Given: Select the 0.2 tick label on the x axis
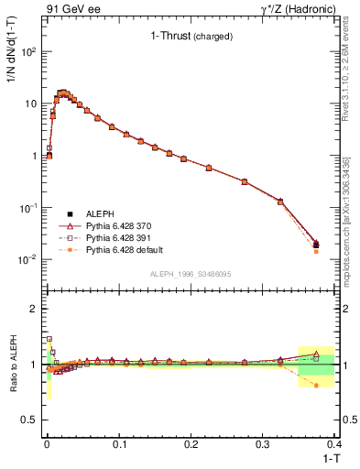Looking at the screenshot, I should [191, 444].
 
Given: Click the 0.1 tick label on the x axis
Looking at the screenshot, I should [118, 444].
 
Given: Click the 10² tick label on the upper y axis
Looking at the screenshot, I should [28, 51].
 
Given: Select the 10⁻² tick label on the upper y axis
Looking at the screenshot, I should [28, 259].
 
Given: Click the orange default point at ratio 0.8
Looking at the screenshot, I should [316, 386].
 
